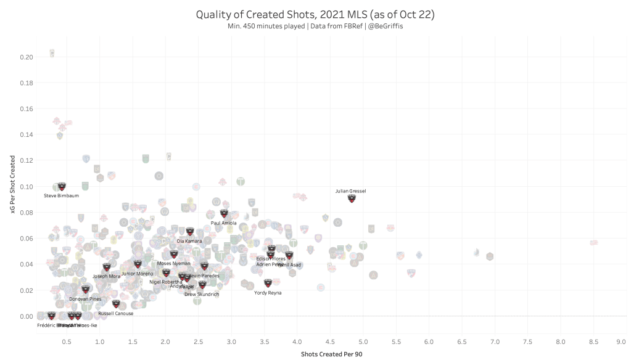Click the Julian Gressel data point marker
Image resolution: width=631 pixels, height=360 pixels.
(x=352, y=198)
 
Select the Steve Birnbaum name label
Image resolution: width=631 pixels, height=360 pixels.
(x=61, y=195)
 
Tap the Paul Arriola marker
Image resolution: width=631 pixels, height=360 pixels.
(x=224, y=214)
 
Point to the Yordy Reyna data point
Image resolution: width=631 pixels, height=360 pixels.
(x=268, y=283)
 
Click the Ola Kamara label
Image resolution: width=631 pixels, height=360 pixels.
(x=189, y=241)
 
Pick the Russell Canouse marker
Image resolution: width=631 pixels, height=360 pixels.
(x=116, y=303)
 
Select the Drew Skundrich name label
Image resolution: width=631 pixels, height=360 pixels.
(x=202, y=294)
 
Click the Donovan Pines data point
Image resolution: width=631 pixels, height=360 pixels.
(x=86, y=289)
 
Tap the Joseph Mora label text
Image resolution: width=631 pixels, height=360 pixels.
(x=106, y=276)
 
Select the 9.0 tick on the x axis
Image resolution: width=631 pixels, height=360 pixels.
(x=621, y=340)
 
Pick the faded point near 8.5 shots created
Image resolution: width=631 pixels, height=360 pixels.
(x=593, y=243)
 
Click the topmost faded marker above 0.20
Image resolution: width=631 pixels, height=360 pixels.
(x=52, y=53)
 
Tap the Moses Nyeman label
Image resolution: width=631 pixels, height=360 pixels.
(x=174, y=263)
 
